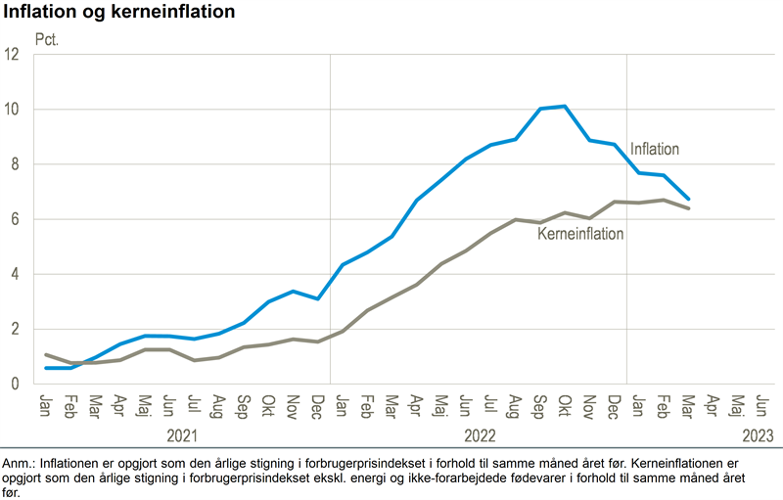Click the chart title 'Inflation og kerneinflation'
[x=119, y=13]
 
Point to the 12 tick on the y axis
[x=13, y=55]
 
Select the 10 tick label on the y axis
[x=13, y=110]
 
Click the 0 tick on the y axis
[x=16, y=384]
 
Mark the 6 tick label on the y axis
[x=16, y=219]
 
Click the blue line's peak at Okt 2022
[x=565, y=106]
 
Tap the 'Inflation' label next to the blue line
[x=654, y=149]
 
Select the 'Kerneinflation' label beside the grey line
[x=580, y=234]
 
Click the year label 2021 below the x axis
[x=183, y=435]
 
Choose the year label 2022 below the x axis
[x=479, y=435]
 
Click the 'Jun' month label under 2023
[x=761, y=403]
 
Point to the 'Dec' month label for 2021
[x=317, y=403]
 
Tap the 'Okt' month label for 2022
[x=565, y=403]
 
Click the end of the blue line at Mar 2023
[x=688, y=199]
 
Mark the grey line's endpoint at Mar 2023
[x=688, y=208]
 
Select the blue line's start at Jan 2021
[x=46, y=368]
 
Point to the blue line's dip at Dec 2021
[x=317, y=298]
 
